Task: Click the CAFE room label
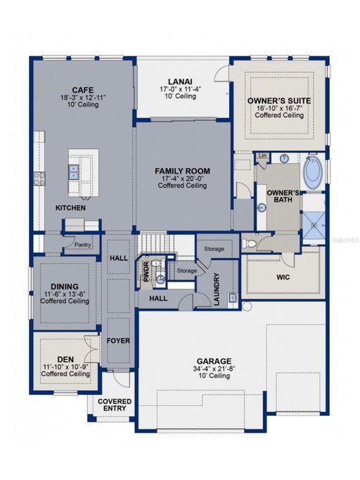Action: click(x=83, y=90)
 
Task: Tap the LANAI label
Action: click(x=180, y=82)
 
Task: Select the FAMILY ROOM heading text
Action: click(x=182, y=171)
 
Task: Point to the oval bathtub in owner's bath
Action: click(x=312, y=172)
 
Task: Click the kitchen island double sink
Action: click(x=73, y=171)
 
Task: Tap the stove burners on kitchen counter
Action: click(x=39, y=179)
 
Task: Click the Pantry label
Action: click(x=83, y=245)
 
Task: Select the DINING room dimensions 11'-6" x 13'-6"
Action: click(x=65, y=294)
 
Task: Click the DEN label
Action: click(x=65, y=359)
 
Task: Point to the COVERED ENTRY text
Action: click(x=115, y=405)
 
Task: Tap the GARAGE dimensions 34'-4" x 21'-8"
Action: click(x=214, y=369)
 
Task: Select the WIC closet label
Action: click(x=283, y=278)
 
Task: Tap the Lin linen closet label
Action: click(x=262, y=155)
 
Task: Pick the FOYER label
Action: click(x=118, y=341)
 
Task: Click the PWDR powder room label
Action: click(x=146, y=272)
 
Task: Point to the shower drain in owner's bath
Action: click(x=314, y=226)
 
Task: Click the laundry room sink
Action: click(x=233, y=297)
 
